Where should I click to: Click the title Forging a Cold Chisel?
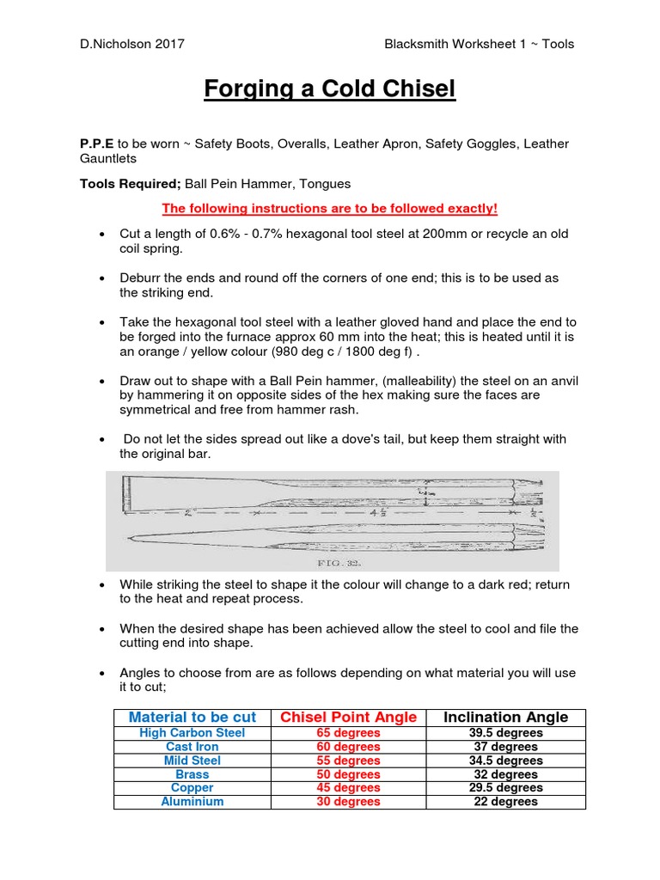tap(329, 89)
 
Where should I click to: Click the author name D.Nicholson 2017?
tap(131, 44)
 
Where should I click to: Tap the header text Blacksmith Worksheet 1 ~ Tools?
tap(480, 44)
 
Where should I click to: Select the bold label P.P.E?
tap(97, 144)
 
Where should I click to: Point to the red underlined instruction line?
tap(329, 209)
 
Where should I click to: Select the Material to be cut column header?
tap(192, 718)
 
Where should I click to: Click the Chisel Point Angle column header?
tap(350, 718)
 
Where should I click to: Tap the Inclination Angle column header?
tap(506, 718)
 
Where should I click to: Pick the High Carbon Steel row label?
tap(192, 733)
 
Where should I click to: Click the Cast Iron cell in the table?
tap(192, 747)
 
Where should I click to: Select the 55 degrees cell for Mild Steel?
tap(350, 761)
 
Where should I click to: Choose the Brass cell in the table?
tap(192, 774)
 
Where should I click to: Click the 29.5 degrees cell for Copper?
tap(506, 788)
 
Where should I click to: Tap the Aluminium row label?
tap(192, 802)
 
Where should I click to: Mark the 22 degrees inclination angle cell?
tap(506, 802)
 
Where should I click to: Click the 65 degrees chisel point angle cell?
tap(350, 733)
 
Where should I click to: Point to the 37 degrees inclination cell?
tap(506, 747)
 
